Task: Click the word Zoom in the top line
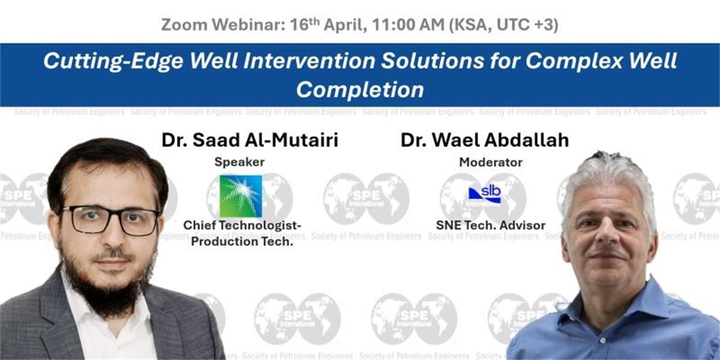point(184,25)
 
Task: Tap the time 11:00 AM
point(408,25)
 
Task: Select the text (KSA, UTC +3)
point(503,25)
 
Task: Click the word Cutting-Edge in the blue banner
point(113,61)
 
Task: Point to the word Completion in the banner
point(360,89)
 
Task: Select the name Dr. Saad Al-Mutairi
point(250,140)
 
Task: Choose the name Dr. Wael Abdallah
point(485,140)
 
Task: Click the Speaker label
point(239,162)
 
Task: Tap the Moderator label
point(491,163)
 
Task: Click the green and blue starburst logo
point(241,196)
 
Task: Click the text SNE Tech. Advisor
point(491,226)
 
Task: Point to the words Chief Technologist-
point(242,226)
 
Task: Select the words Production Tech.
point(242,242)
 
